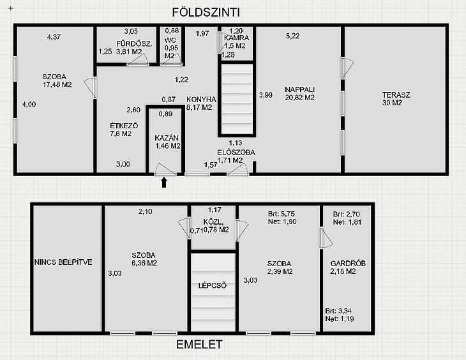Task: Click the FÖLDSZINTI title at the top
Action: point(206,13)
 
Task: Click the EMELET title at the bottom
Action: point(199,345)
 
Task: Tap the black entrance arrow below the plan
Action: point(164,182)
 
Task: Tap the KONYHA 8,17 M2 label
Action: point(201,103)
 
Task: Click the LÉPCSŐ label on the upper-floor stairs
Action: point(212,285)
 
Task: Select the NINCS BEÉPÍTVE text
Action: point(63,262)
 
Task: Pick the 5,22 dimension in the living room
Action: point(293,36)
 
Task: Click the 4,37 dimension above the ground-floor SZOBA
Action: point(54,37)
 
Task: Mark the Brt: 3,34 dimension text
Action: point(338,311)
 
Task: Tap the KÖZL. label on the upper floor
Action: point(213,221)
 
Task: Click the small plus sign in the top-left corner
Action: point(11,8)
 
